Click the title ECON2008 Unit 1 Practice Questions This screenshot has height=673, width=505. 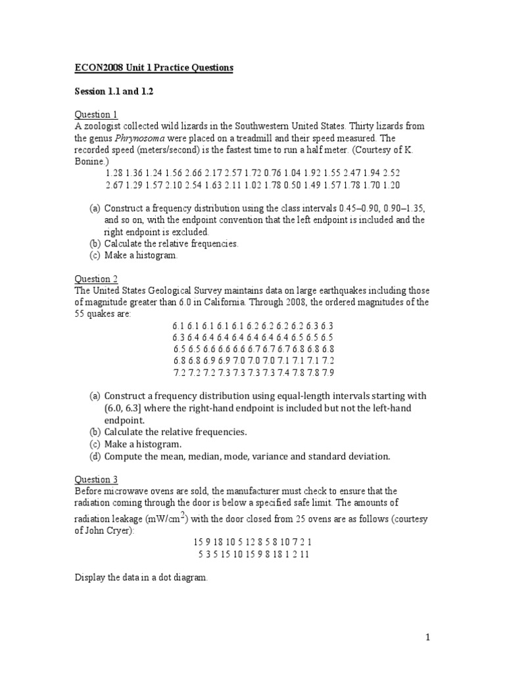coord(153,68)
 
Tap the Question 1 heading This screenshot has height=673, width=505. coord(95,114)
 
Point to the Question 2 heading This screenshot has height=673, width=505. coord(95,279)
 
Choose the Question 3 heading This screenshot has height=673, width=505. coord(95,480)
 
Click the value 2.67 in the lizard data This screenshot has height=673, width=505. coord(114,185)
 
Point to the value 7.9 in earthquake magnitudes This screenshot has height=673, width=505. coord(327,373)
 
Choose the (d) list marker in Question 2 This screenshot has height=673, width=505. coord(94,455)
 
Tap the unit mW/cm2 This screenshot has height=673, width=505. coord(170,519)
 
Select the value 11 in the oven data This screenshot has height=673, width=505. coord(304,554)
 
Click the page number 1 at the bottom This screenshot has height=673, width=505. coord(427,637)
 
